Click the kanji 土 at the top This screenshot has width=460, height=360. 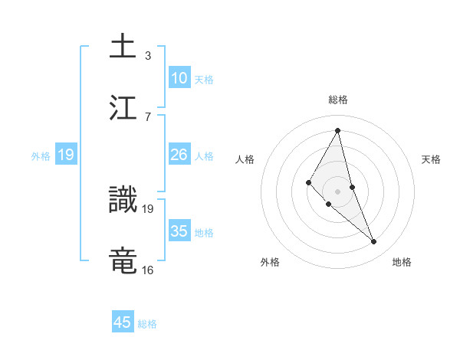[123, 46]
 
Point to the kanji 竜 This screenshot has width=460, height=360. [123, 261]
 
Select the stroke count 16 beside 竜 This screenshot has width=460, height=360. [147, 270]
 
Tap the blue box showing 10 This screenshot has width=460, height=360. [179, 78]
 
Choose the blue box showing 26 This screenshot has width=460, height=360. [179, 155]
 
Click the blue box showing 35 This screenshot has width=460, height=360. [179, 231]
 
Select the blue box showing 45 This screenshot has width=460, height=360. [123, 322]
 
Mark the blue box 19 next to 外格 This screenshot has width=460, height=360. [66, 155]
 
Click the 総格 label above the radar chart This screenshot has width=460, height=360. [338, 100]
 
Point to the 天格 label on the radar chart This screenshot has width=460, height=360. [432, 159]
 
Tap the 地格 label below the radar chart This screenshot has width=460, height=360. [402, 262]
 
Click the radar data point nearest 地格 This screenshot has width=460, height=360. [374, 242]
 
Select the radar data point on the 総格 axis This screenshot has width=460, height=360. [338, 130]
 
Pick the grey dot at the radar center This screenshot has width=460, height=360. [338, 191]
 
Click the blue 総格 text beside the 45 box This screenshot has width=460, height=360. [147, 324]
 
